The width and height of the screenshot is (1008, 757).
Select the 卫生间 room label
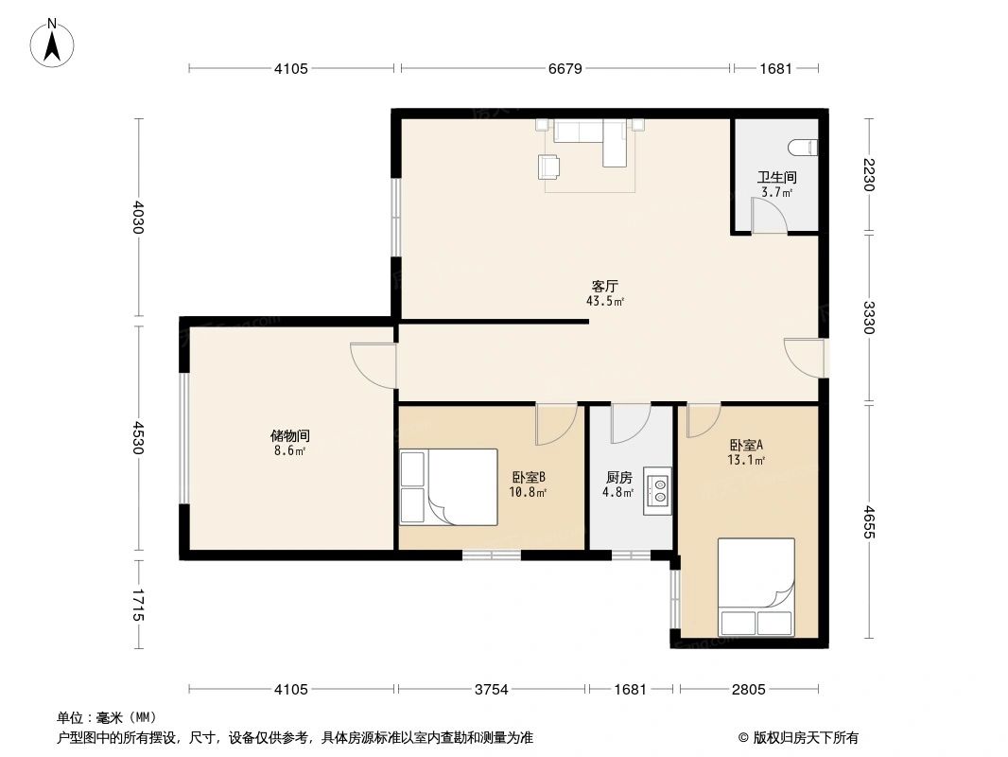coord(776,177)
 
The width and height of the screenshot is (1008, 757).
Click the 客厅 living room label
coord(605,286)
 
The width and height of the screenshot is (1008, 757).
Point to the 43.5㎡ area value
coord(605,302)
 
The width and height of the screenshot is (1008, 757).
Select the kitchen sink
coord(657,489)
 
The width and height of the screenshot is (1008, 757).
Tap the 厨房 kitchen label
coord(619,479)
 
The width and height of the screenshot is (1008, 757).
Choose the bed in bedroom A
coord(756,587)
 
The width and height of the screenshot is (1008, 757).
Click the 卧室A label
coord(746,445)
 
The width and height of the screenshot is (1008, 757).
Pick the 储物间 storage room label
coord(290,436)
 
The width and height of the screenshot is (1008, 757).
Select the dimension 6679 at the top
coord(565,68)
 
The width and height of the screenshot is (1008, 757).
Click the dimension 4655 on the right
coord(869,521)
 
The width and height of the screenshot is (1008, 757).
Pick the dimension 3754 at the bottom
coord(491,689)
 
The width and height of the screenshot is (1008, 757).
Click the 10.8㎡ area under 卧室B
coord(528,492)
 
